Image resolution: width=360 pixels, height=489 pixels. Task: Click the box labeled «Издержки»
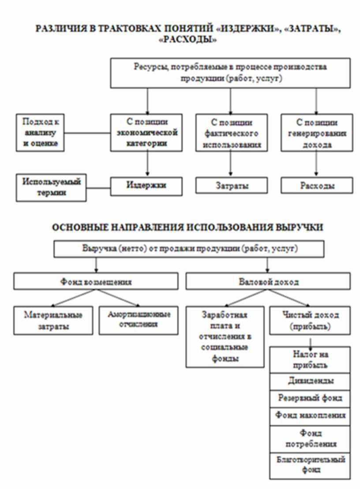[x=146, y=186]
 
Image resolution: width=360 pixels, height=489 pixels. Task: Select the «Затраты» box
[x=231, y=186]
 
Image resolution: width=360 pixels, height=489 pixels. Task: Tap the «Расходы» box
[x=316, y=186]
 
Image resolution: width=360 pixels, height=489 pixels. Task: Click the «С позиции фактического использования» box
[x=231, y=133]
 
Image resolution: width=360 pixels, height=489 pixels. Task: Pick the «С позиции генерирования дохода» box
[x=316, y=133]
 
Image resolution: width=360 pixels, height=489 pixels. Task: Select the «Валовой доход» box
[x=268, y=281]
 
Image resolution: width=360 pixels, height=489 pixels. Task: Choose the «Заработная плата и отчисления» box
[x=225, y=337]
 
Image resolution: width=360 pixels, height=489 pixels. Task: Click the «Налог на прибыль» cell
[x=310, y=360]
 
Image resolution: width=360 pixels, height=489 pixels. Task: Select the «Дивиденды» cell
[x=310, y=381]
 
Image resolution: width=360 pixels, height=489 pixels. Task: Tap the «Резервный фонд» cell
[x=310, y=398]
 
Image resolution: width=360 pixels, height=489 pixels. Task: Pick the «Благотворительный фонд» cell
[x=310, y=465]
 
